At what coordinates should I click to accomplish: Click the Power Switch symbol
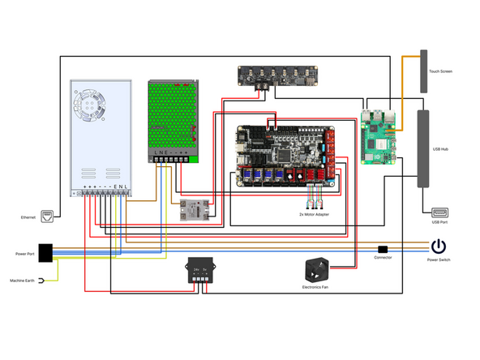438,246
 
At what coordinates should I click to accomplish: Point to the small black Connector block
383,248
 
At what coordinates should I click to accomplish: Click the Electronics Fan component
318,271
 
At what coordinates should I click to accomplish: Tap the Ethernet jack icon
48,216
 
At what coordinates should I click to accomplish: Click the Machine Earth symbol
40,281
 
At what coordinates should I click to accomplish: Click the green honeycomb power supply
172,120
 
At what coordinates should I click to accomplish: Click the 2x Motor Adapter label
313,214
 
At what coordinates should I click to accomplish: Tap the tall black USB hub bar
422,150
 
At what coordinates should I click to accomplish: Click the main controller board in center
283,156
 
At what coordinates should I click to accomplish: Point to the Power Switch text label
438,261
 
